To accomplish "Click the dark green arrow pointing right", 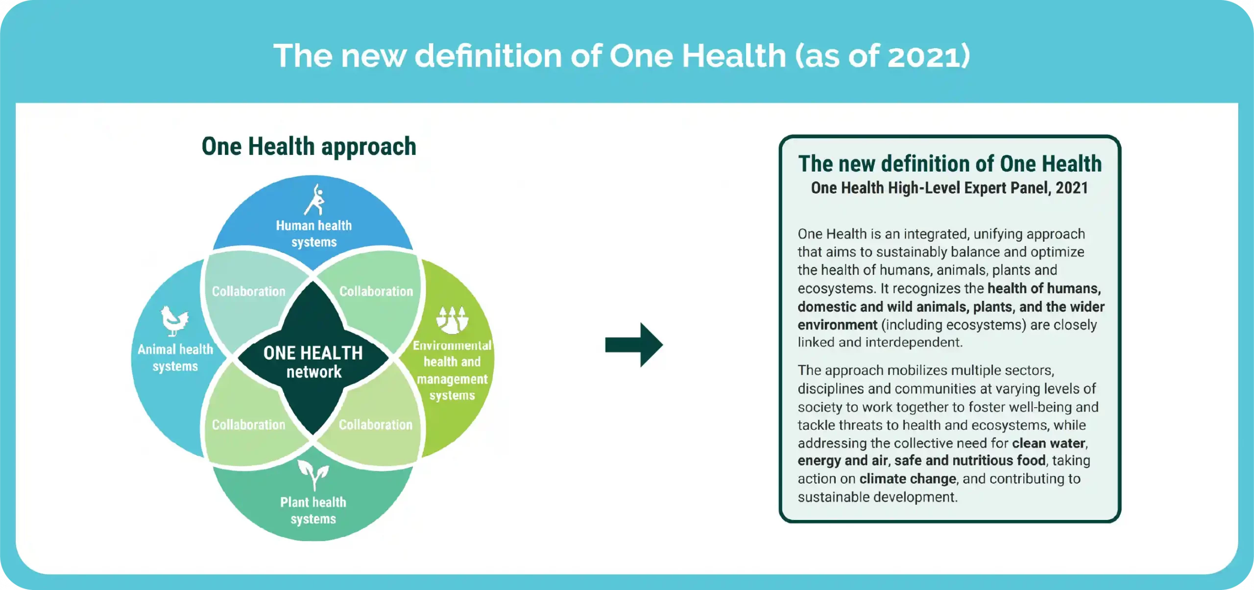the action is point(634,344).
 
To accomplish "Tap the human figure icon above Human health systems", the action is point(314,199).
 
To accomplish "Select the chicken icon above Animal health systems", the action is point(174,321).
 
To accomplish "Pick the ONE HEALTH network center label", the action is point(313,362).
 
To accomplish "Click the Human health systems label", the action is point(314,234).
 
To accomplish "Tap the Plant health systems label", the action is point(313,511).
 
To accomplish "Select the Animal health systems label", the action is point(175,358).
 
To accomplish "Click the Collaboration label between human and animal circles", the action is point(248,291).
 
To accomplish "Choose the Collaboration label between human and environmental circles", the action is point(376,291).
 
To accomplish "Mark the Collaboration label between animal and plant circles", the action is point(248,424).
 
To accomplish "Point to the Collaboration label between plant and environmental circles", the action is point(376,424).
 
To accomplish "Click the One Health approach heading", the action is point(309,147).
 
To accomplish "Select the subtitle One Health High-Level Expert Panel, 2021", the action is point(949,188).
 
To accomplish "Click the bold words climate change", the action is point(908,479).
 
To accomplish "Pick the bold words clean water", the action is point(1049,443).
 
